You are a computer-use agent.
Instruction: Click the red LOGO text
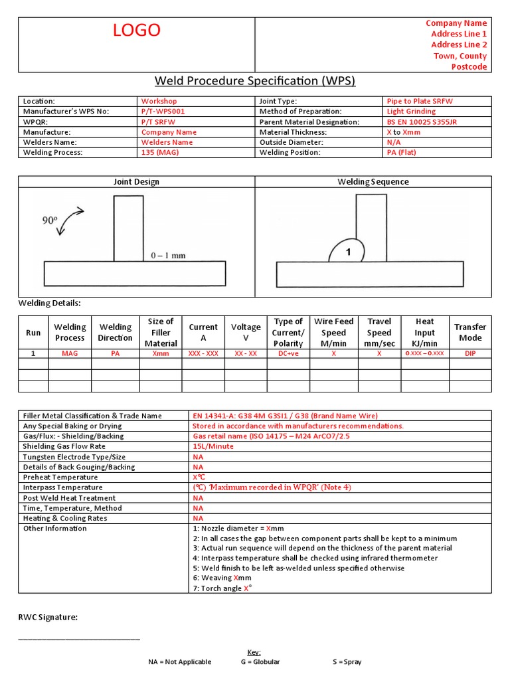[136, 30]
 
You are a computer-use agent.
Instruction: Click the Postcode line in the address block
[469, 67]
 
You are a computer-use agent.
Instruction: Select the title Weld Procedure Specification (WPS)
[255, 81]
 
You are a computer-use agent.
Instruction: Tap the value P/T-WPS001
[163, 112]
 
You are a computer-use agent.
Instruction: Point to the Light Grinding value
[411, 112]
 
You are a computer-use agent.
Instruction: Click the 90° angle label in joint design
[50, 220]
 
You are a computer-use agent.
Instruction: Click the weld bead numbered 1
[347, 252]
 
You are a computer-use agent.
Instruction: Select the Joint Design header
[137, 182]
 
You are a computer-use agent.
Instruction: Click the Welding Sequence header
[373, 182]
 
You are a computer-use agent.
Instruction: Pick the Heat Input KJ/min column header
[424, 333]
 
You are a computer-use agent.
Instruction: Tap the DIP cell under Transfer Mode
[470, 354]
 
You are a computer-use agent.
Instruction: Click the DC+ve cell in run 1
[288, 354]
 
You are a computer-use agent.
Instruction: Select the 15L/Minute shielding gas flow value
[213, 447]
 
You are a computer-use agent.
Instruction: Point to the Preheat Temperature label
[60, 477]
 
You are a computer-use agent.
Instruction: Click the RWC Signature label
[48, 618]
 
